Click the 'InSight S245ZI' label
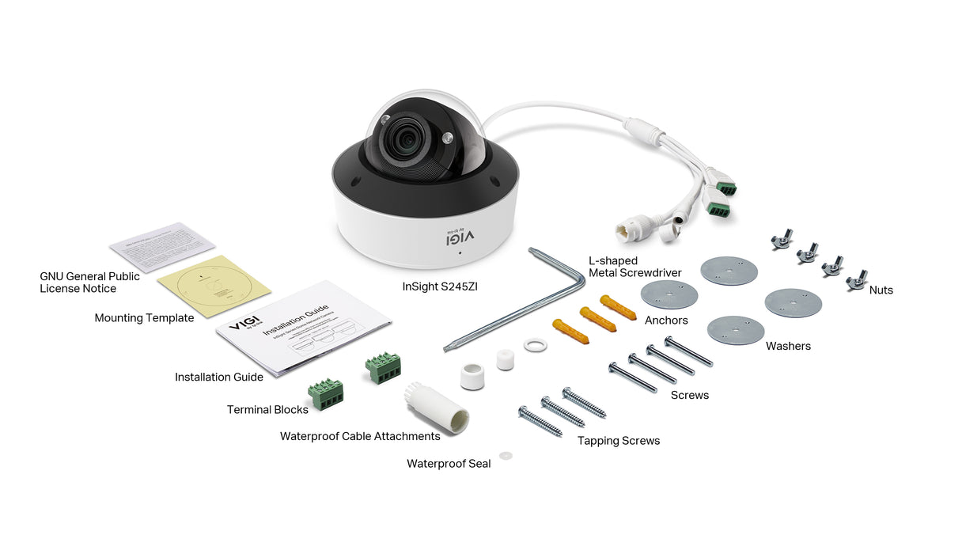coord(439,287)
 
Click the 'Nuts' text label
coord(881,290)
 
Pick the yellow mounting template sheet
coord(214,284)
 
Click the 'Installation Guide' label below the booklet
coord(219,378)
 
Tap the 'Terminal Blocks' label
coord(267,410)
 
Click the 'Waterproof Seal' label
coord(449,464)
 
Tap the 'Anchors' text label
coord(666,321)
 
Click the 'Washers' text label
coord(788,346)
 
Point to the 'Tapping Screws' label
coord(618,441)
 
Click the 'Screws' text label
coord(689,395)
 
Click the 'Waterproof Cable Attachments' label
coord(360,436)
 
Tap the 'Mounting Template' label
coord(144,318)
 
